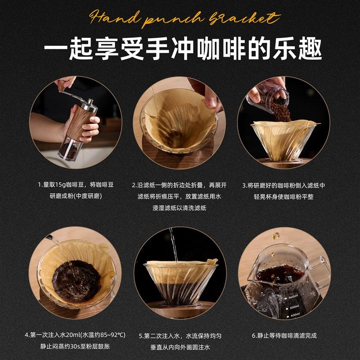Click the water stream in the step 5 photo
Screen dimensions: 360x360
pos(172,245)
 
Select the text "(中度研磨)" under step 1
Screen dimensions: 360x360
pos(90,197)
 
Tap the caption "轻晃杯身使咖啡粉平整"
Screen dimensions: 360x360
pos(283,197)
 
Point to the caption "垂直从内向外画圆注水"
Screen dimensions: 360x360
pos(180,347)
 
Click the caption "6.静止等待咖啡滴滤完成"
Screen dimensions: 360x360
pos(283,335)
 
